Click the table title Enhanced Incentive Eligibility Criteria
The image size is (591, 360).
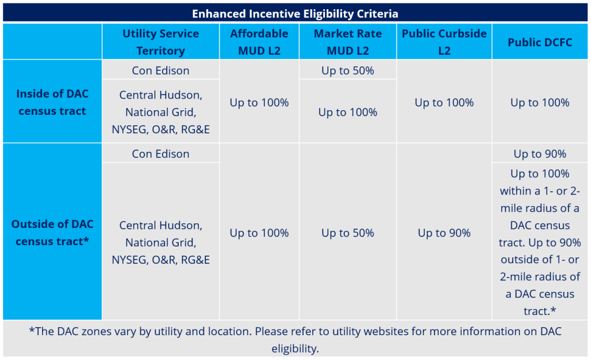click(x=295, y=13)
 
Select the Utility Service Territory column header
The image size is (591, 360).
click(x=160, y=42)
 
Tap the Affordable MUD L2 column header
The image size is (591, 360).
click(x=259, y=42)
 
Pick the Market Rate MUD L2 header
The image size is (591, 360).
click(x=347, y=42)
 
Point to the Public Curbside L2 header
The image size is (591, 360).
click(x=444, y=42)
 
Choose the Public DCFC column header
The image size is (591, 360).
click(x=540, y=42)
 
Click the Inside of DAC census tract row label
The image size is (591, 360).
click(x=53, y=102)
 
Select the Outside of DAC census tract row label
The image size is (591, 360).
click(x=53, y=232)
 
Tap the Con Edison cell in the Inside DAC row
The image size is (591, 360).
click(x=160, y=70)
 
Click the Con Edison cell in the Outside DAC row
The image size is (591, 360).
click(x=160, y=153)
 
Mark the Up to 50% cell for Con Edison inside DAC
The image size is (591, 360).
click(x=347, y=70)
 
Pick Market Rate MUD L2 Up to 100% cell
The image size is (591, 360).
click(x=347, y=112)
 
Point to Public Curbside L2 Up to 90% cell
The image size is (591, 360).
click(x=444, y=233)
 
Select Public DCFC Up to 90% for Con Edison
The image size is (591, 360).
click(x=540, y=153)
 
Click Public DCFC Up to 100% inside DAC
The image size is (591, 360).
click(x=540, y=103)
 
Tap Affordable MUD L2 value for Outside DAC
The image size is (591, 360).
click(x=259, y=233)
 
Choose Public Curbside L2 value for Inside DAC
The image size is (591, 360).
click(x=444, y=103)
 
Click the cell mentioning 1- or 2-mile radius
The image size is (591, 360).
click(x=540, y=242)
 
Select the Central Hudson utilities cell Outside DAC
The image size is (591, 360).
click(x=160, y=242)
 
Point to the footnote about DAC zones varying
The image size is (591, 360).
click(x=295, y=340)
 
